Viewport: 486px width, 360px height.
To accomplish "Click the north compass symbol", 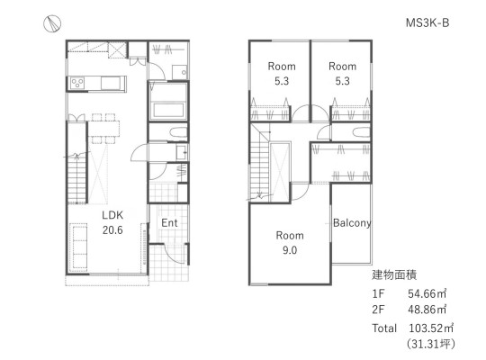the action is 52,24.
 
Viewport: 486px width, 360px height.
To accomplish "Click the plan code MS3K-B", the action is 427,22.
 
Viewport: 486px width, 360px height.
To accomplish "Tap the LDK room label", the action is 112,215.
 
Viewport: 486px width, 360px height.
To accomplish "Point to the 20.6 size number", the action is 112,230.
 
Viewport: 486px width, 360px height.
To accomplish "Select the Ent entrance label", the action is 169,222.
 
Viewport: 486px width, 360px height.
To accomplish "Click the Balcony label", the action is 352,222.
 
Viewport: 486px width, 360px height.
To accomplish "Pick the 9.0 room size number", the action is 290,250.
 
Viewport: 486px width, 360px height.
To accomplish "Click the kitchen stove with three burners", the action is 77,83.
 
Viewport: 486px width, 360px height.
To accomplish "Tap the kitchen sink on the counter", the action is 111,84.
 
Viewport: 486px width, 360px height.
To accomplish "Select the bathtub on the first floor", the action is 168,111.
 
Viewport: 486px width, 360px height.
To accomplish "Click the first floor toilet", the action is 178,132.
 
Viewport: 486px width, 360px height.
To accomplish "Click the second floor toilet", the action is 361,132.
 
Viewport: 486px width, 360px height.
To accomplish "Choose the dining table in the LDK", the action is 103,129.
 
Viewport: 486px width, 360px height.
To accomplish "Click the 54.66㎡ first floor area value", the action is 427,293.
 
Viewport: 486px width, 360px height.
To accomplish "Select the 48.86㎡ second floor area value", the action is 427,310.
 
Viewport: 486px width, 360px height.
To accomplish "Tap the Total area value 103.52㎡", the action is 431,328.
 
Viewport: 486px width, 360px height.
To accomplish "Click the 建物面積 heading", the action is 394,275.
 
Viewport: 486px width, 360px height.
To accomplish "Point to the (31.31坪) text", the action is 431,344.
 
